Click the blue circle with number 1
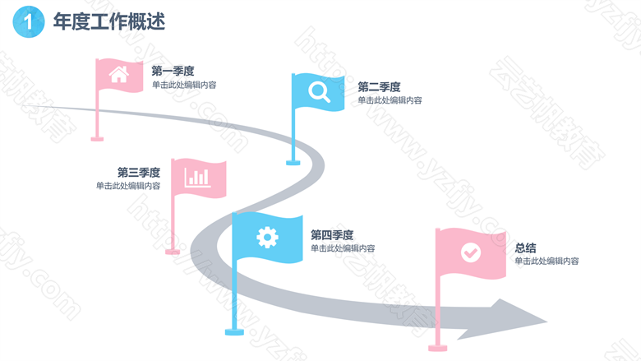pyautogui.click(x=29, y=21)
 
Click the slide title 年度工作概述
pyautogui.click(x=109, y=21)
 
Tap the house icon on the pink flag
pyautogui.click(x=119, y=74)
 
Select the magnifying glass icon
pyautogui.click(x=319, y=92)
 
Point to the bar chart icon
pyautogui.click(x=197, y=178)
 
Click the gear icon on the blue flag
pyautogui.click(x=267, y=237)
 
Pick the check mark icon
pyautogui.click(x=471, y=252)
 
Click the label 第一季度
pyautogui.click(x=173, y=72)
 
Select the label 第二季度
pyautogui.click(x=379, y=87)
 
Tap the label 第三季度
pyautogui.click(x=139, y=172)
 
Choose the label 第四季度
pyautogui.click(x=332, y=235)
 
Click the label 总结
pyautogui.click(x=525, y=248)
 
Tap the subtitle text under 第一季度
pyautogui.click(x=184, y=85)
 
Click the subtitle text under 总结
pyautogui.click(x=546, y=261)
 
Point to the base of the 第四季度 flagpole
pyautogui.click(x=234, y=331)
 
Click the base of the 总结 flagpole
pyautogui.click(x=437, y=348)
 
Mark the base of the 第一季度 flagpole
pyautogui.click(x=97, y=139)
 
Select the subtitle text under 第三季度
pyautogui.click(x=128, y=186)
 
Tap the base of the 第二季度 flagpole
pyautogui.click(x=293, y=163)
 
